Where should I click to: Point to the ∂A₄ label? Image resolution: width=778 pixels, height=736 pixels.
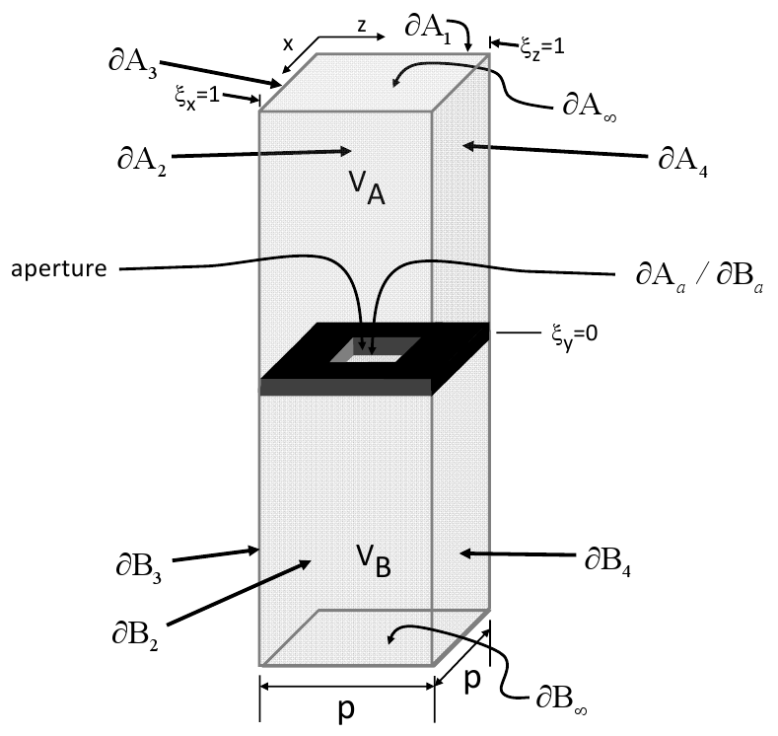(682, 161)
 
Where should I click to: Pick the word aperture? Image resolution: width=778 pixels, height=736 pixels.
(58, 268)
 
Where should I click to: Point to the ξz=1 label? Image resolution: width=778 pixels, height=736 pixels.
(541, 43)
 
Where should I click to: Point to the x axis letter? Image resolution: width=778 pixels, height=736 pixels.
(288, 44)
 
